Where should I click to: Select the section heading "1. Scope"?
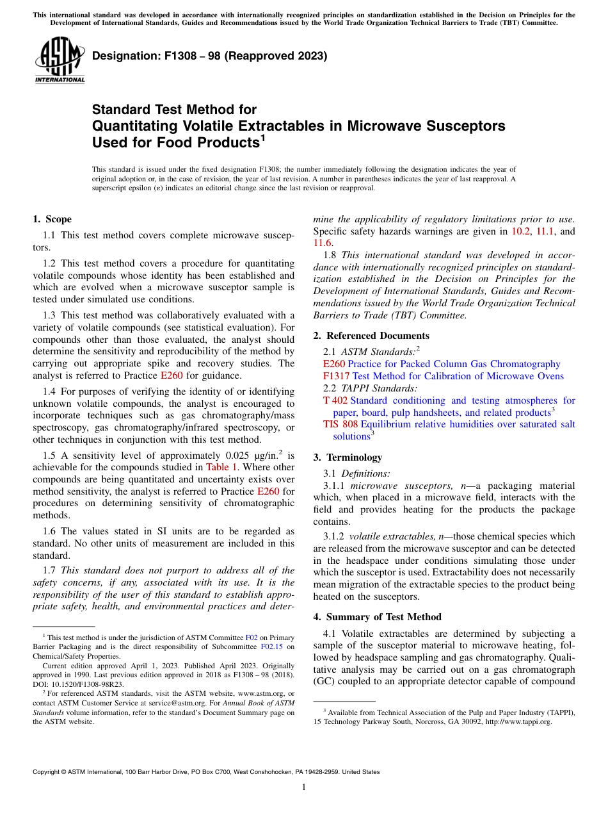(52, 219)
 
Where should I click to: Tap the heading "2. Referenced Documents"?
(371, 336)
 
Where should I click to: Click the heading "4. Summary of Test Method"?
(383, 617)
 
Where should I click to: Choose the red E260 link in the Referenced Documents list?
(334, 364)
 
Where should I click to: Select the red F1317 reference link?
(336, 376)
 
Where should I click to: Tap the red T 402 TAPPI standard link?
(335, 400)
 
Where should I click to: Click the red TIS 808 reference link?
(340, 424)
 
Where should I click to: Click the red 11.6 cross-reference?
(323, 243)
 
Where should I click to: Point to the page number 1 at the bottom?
(304, 787)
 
